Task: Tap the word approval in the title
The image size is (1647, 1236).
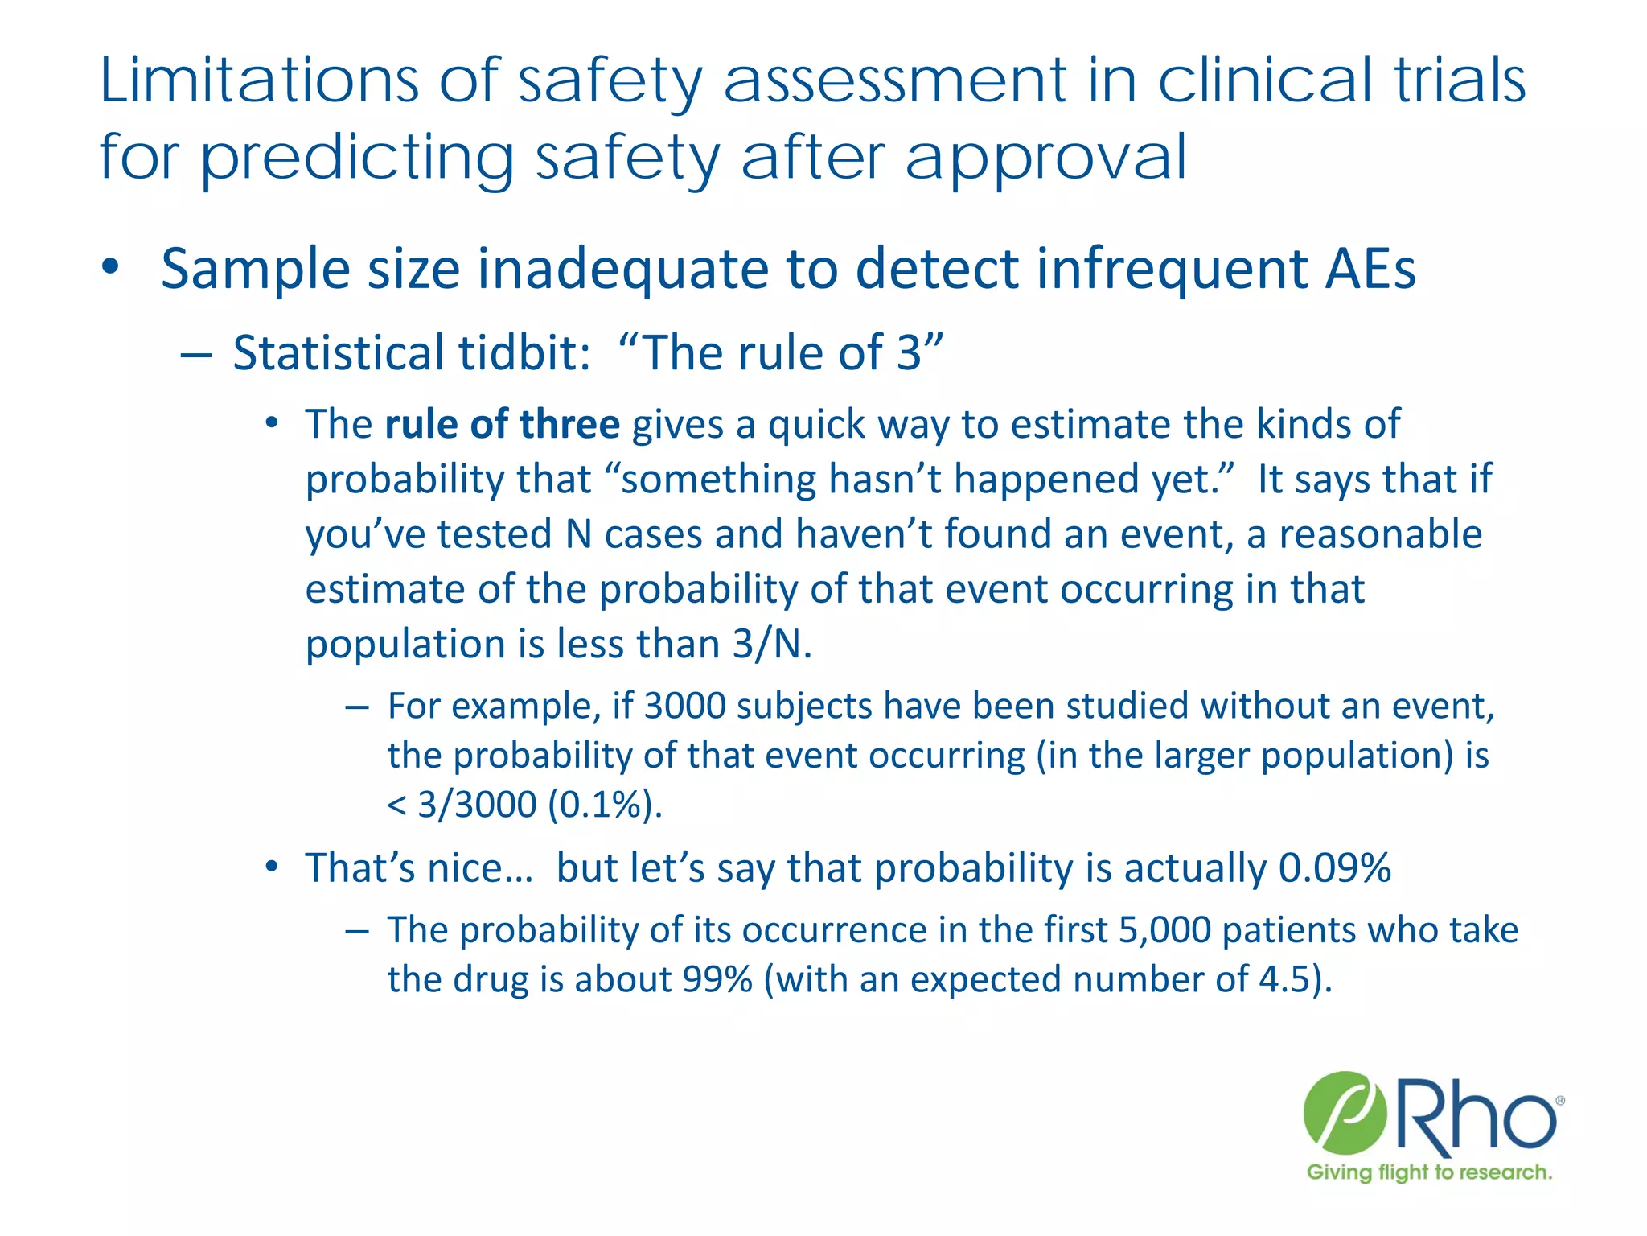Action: pyautogui.click(x=1045, y=159)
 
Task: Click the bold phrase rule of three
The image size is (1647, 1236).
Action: pyautogui.click(x=502, y=424)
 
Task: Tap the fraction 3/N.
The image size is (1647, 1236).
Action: pyautogui.click(x=770, y=644)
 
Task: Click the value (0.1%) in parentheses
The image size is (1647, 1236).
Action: pyautogui.click(x=605, y=804)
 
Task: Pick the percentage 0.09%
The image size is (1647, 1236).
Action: pyautogui.click(x=1334, y=867)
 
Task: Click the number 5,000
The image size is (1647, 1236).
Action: pyautogui.click(x=1164, y=930)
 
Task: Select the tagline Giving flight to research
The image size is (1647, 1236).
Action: pyautogui.click(x=1429, y=1172)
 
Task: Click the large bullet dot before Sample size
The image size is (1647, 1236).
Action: pyautogui.click(x=111, y=267)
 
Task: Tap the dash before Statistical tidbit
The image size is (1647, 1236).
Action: pyautogui.click(x=196, y=354)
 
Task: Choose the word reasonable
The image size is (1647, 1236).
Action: pyautogui.click(x=1380, y=534)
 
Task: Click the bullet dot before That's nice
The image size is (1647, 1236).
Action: pyautogui.click(x=273, y=867)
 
